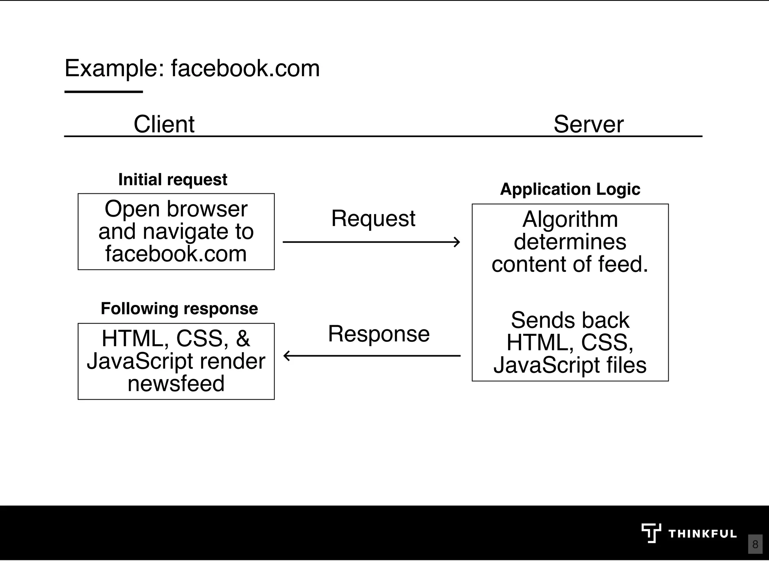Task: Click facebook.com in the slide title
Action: click(245, 69)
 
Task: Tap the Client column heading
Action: click(164, 124)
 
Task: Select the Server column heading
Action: click(588, 124)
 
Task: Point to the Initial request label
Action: click(173, 179)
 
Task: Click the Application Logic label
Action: click(570, 189)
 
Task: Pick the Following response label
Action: click(179, 309)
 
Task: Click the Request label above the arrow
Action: click(373, 219)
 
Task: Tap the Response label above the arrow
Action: click(378, 334)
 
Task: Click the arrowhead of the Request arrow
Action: click(457, 242)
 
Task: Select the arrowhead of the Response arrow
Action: click(287, 356)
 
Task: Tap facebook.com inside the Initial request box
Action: click(176, 254)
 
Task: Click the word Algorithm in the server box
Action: click(570, 220)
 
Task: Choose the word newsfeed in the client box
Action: click(176, 384)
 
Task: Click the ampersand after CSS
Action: click(243, 339)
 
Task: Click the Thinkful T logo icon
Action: click(651, 533)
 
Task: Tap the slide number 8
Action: click(755, 544)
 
